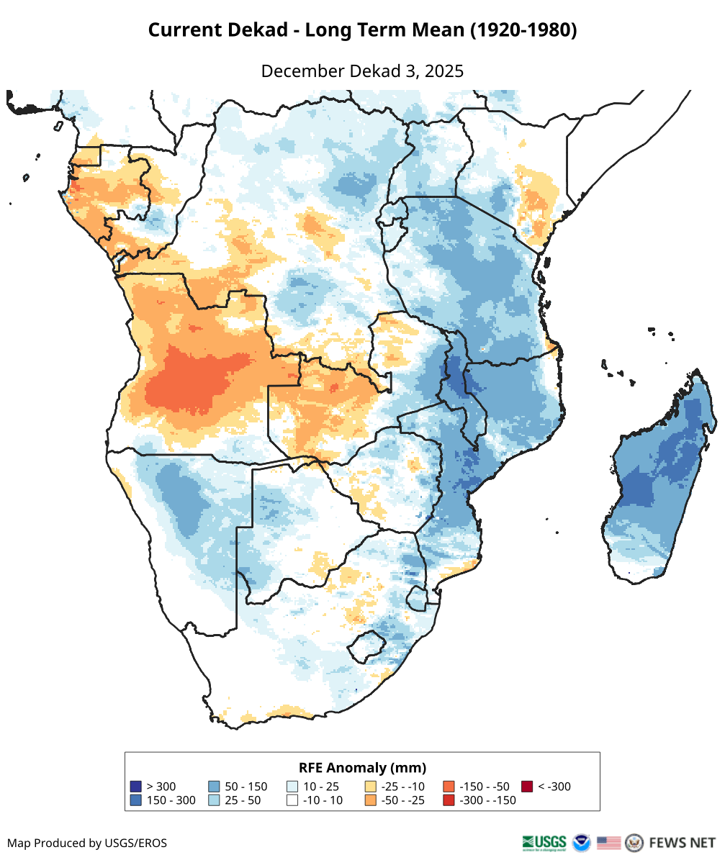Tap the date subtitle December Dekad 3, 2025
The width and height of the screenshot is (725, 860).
pyautogui.click(x=362, y=71)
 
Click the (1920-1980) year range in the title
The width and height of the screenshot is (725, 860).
pyautogui.click(x=523, y=30)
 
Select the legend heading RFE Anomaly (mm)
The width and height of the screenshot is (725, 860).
pyautogui.click(x=362, y=767)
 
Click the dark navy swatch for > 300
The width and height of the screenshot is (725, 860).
pyautogui.click(x=135, y=787)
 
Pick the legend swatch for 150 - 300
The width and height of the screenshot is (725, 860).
pyautogui.click(x=135, y=800)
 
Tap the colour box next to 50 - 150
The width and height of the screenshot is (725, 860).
pyautogui.click(x=213, y=787)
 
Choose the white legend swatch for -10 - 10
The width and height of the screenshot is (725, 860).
pyautogui.click(x=292, y=800)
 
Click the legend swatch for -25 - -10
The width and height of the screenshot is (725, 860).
pyautogui.click(x=371, y=787)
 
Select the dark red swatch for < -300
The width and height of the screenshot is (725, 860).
pyautogui.click(x=528, y=787)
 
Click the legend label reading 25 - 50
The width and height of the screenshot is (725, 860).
pyautogui.click(x=243, y=800)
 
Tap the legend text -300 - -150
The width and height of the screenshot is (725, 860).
pyautogui.click(x=487, y=800)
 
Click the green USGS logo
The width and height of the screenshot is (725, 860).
pyautogui.click(x=544, y=842)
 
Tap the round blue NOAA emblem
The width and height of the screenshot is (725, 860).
pyautogui.click(x=581, y=842)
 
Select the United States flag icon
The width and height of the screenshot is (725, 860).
pyautogui.click(x=608, y=842)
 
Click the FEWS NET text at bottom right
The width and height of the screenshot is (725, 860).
pyautogui.click(x=682, y=842)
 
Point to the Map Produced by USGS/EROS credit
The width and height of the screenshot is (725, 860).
pyautogui.click(x=87, y=843)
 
